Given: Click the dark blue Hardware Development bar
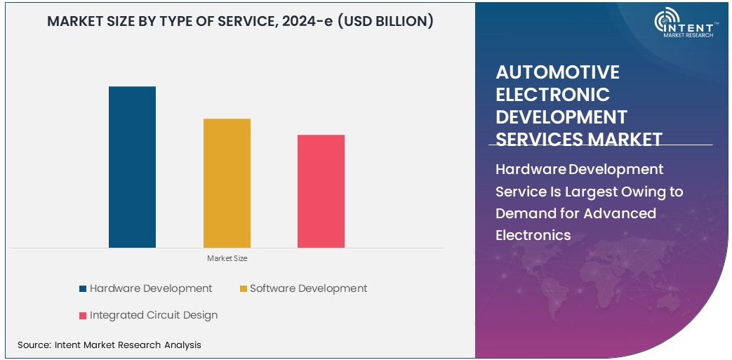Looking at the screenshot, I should [x=132, y=167].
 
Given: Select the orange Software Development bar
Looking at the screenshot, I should [x=227, y=183].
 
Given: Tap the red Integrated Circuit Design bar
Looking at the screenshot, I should [x=321, y=191].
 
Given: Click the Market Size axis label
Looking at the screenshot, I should [x=227, y=258].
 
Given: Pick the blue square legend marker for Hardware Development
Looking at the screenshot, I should [x=83, y=288].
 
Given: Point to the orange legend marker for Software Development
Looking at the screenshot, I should [x=244, y=288].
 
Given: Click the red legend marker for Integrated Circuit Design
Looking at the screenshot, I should [x=83, y=316].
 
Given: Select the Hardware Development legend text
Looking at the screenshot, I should [x=151, y=288].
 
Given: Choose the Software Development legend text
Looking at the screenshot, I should [x=308, y=288].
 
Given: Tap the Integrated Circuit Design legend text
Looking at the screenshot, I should [x=154, y=316].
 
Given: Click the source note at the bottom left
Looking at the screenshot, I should [x=109, y=345].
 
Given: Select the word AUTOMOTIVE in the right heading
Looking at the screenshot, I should [x=557, y=72].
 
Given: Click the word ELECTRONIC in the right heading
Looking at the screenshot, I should [x=552, y=94].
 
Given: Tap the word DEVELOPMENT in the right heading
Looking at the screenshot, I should [x=561, y=116].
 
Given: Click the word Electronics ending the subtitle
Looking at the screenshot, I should [x=533, y=235].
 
